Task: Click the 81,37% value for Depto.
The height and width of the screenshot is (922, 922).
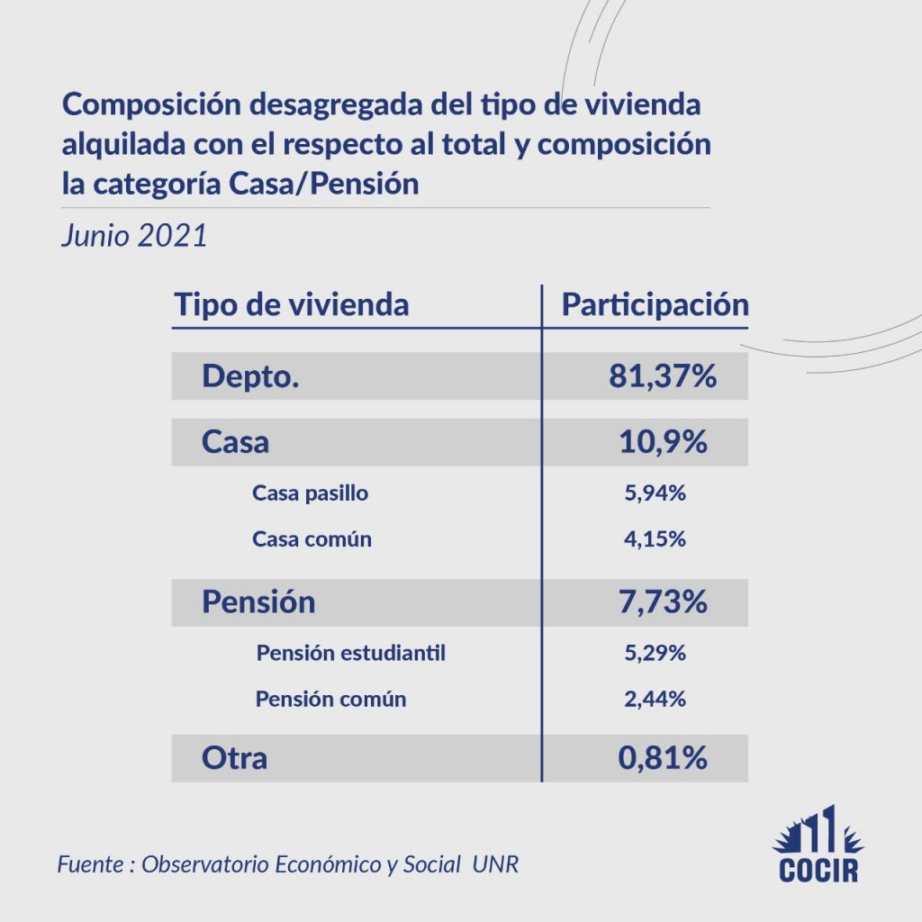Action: pyautogui.click(x=663, y=376)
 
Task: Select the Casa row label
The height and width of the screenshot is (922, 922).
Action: pyautogui.click(x=235, y=442)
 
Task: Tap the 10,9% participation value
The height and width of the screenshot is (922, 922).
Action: pyautogui.click(x=663, y=442)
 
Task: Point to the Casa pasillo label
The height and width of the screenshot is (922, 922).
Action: pyautogui.click(x=311, y=493)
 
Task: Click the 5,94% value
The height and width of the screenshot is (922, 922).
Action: pyautogui.click(x=655, y=493)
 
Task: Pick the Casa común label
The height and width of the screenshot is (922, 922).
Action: pyautogui.click(x=312, y=539)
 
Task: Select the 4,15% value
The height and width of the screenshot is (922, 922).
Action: pyautogui.click(x=655, y=539)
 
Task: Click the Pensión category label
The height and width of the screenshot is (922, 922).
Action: pyautogui.click(x=258, y=601)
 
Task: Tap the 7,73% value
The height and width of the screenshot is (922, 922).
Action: pyautogui.click(x=663, y=601)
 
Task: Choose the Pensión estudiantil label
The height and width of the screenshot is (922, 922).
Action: pyautogui.click(x=351, y=653)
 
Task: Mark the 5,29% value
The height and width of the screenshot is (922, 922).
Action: pyautogui.click(x=655, y=653)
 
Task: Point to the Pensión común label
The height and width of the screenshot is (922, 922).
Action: pyautogui.click(x=330, y=699)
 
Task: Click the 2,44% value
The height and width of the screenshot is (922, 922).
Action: pyautogui.click(x=655, y=699)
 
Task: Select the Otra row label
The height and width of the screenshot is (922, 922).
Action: pyautogui.click(x=234, y=758)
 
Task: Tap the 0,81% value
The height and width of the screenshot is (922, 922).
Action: pyautogui.click(x=663, y=758)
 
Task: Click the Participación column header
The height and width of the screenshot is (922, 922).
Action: pyautogui.click(x=655, y=304)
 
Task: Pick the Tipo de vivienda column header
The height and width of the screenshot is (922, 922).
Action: pyautogui.click(x=291, y=304)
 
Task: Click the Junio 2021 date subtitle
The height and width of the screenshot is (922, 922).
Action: pyautogui.click(x=134, y=236)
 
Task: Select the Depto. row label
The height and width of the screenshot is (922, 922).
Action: pyautogui.click(x=250, y=376)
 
